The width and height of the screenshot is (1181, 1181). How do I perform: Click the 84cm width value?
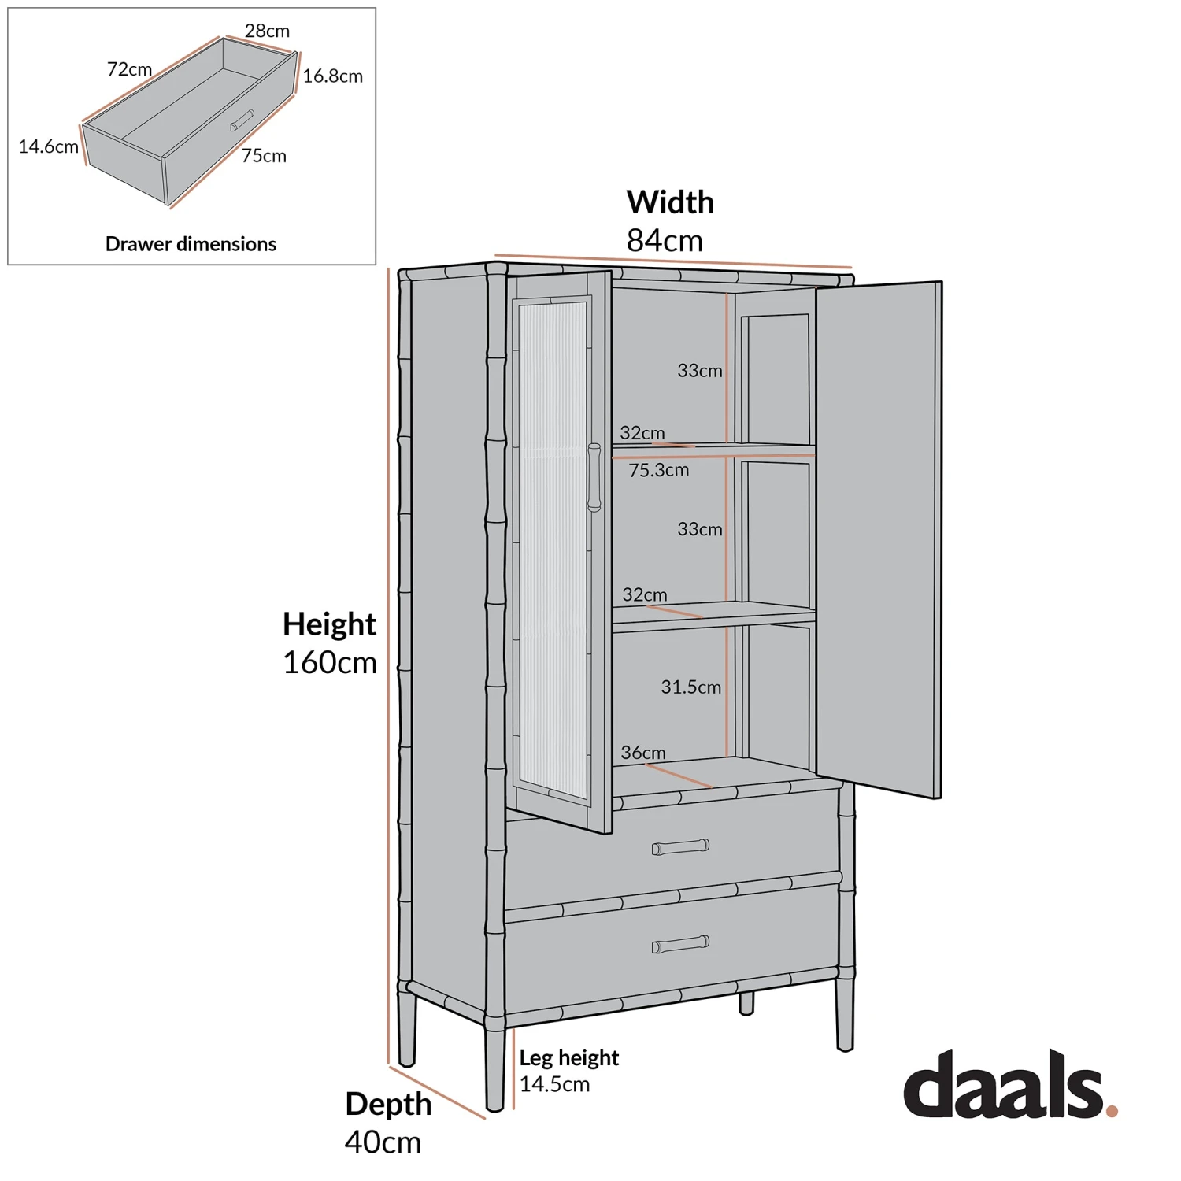[665, 241]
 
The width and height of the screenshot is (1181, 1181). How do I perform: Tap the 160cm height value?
[330, 663]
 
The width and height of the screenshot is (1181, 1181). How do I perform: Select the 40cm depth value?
[383, 1142]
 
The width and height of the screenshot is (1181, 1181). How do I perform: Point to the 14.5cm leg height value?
[554, 1084]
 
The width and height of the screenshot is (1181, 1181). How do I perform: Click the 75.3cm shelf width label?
[658, 470]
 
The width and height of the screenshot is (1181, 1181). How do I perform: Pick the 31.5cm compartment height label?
[690, 687]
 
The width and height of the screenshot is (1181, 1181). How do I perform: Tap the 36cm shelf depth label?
[642, 753]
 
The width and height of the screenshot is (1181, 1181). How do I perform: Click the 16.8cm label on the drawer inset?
[332, 76]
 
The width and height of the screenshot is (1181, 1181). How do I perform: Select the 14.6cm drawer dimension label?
[48, 146]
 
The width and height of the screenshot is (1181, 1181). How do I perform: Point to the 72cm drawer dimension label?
[129, 69]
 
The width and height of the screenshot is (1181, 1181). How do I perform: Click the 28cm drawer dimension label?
[267, 31]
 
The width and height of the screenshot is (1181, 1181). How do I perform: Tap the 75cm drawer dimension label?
[264, 156]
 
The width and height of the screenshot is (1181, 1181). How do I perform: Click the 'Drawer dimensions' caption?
[191, 244]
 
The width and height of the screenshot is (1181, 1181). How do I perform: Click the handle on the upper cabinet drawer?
[680, 847]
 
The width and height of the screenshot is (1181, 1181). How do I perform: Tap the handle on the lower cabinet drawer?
[680, 944]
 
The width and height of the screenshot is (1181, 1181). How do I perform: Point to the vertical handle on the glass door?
[594, 478]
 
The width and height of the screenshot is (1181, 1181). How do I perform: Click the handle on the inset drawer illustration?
[242, 120]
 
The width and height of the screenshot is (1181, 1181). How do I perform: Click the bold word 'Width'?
[670, 202]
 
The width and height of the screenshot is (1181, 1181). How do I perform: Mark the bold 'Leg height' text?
[568, 1057]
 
